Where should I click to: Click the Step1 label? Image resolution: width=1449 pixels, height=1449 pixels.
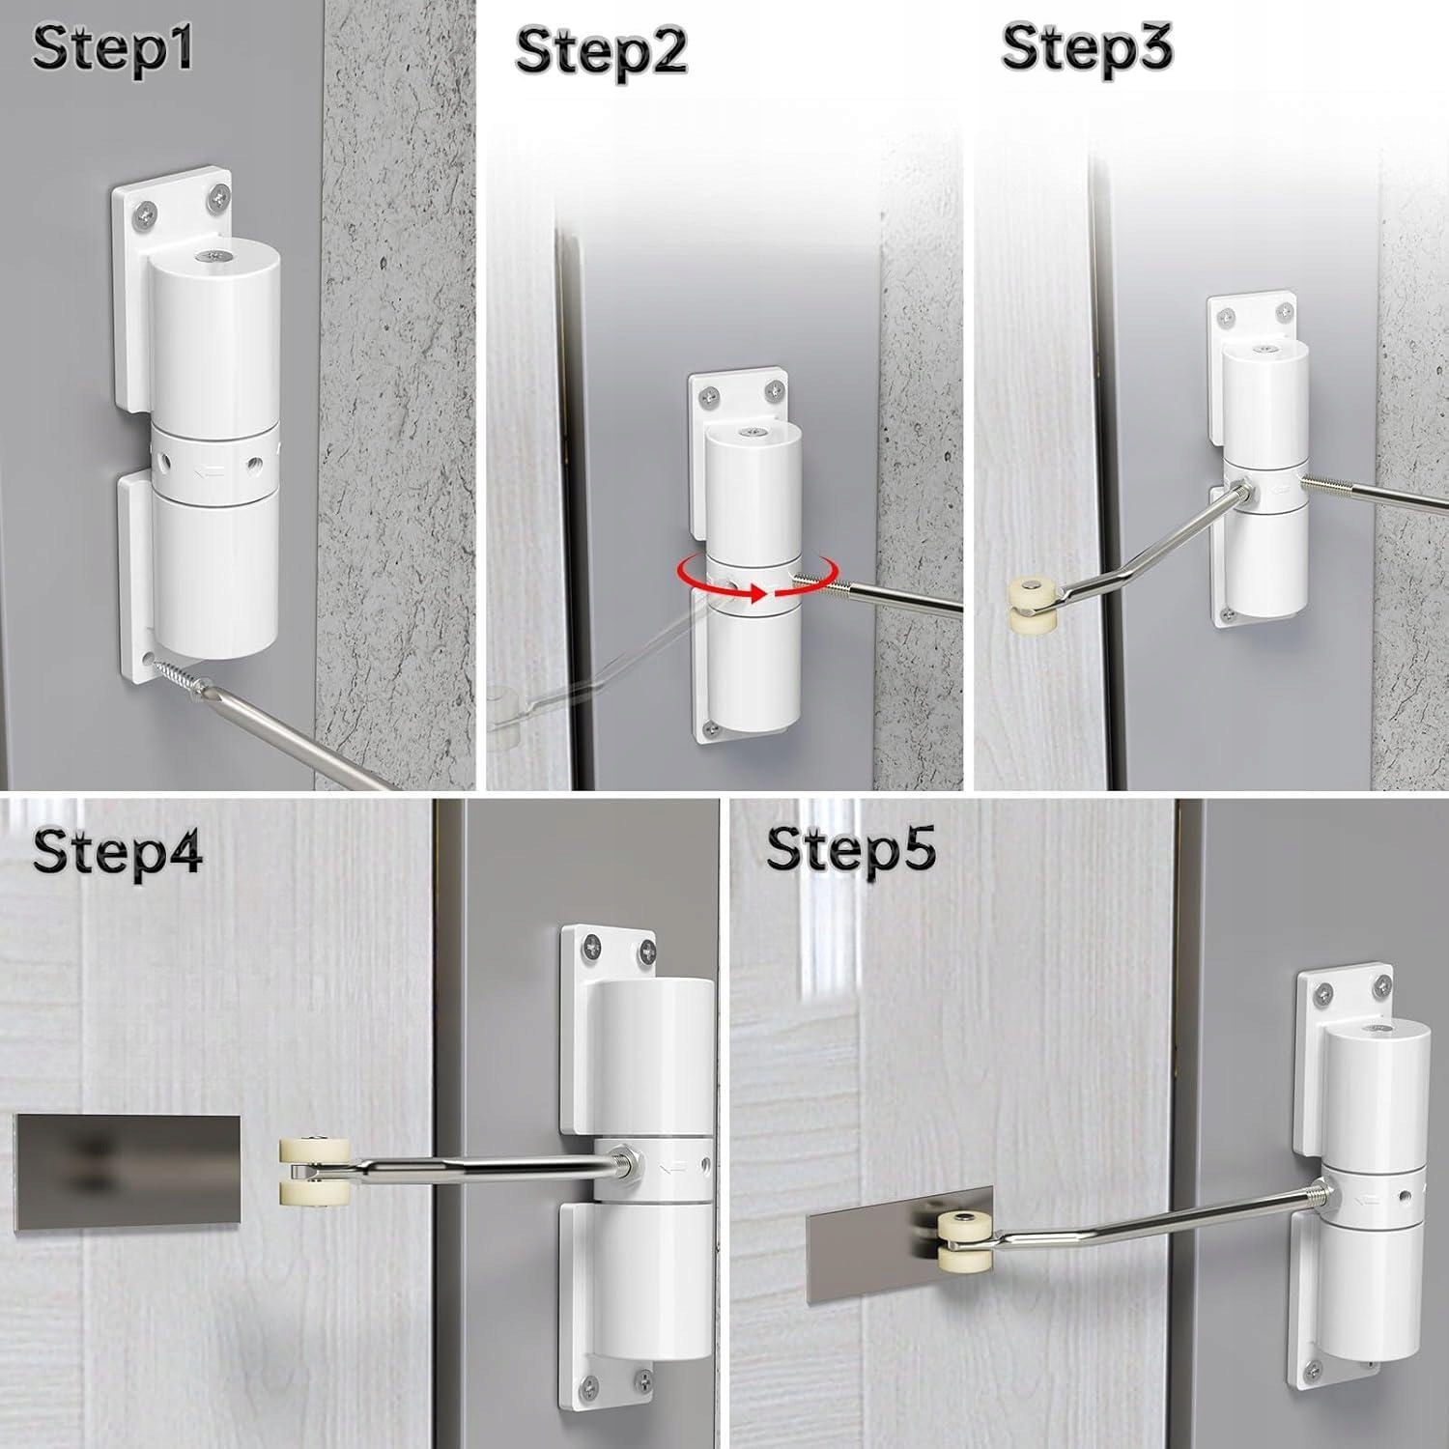point(112,48)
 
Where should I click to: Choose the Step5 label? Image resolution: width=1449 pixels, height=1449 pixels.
point(851,850)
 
